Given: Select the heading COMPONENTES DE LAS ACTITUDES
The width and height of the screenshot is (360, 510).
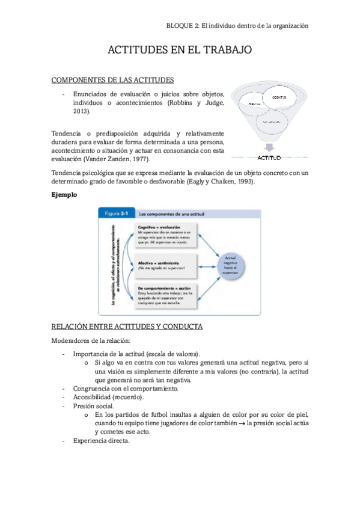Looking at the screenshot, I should (113, 79).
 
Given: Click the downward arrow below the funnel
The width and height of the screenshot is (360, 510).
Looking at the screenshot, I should (269, 147).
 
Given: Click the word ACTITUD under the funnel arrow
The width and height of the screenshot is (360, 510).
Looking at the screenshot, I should (269, 158).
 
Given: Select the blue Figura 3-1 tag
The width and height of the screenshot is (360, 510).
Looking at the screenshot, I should (115, 213).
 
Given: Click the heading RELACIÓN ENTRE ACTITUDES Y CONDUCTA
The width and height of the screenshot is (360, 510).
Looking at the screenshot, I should (127, 327).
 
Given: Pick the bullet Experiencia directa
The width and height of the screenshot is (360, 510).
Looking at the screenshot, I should (101, 440).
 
